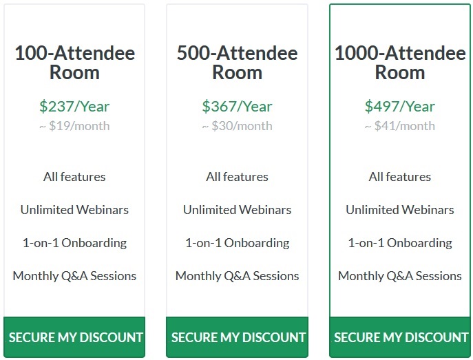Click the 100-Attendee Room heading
tap(75, 63)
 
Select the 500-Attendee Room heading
tap(237, 63)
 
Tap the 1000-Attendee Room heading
tap(400, 63)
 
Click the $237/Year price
tap(74, 107)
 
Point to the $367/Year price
tap(237, 107)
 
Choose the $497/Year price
tap(400, 107)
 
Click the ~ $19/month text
tap(74, 126)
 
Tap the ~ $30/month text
tap(237, 126)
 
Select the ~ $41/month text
tap(400, 126)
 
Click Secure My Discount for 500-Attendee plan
tap(237, 337)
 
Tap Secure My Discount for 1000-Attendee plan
tap(400, 337)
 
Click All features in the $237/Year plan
tap(74, 177)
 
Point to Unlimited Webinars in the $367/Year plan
tap(237, 210)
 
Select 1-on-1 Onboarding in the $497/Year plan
tap(400, 243)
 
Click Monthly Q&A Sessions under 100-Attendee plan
tap(74, 276)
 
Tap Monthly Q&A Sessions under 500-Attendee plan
tap(237, 276)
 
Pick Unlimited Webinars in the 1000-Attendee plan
tap(400, 210)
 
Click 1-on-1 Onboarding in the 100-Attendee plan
tap(74, 243)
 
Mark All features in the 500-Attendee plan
tap(237, 177)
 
